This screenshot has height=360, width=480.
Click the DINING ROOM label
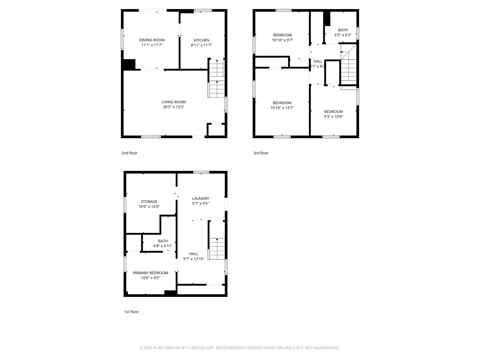coord(152,40)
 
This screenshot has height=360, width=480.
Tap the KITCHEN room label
coord(202,40)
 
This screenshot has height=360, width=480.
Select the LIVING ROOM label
coord(174,102)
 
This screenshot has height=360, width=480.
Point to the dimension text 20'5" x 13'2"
coord(174,107)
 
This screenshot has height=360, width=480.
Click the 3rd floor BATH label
coord(343,30)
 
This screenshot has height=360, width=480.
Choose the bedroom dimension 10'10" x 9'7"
coord(282,40)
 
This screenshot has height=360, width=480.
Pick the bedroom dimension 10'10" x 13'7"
coord(282,108)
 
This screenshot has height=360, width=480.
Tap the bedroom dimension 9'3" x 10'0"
coord(333,117)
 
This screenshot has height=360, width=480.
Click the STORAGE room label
coord(149,202)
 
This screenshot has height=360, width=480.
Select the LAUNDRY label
coord(200,198)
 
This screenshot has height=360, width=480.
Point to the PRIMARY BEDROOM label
coord(150,273)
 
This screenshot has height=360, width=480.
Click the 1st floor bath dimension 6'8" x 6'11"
coord(163,246)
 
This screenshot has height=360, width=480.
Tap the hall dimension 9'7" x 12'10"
coord(194,259)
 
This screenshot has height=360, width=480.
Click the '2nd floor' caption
coord(129,153)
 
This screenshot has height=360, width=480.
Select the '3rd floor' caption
coord(261,153)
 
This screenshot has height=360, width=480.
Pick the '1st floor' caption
coord(131,312)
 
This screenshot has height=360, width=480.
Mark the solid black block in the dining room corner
coord(129,64)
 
